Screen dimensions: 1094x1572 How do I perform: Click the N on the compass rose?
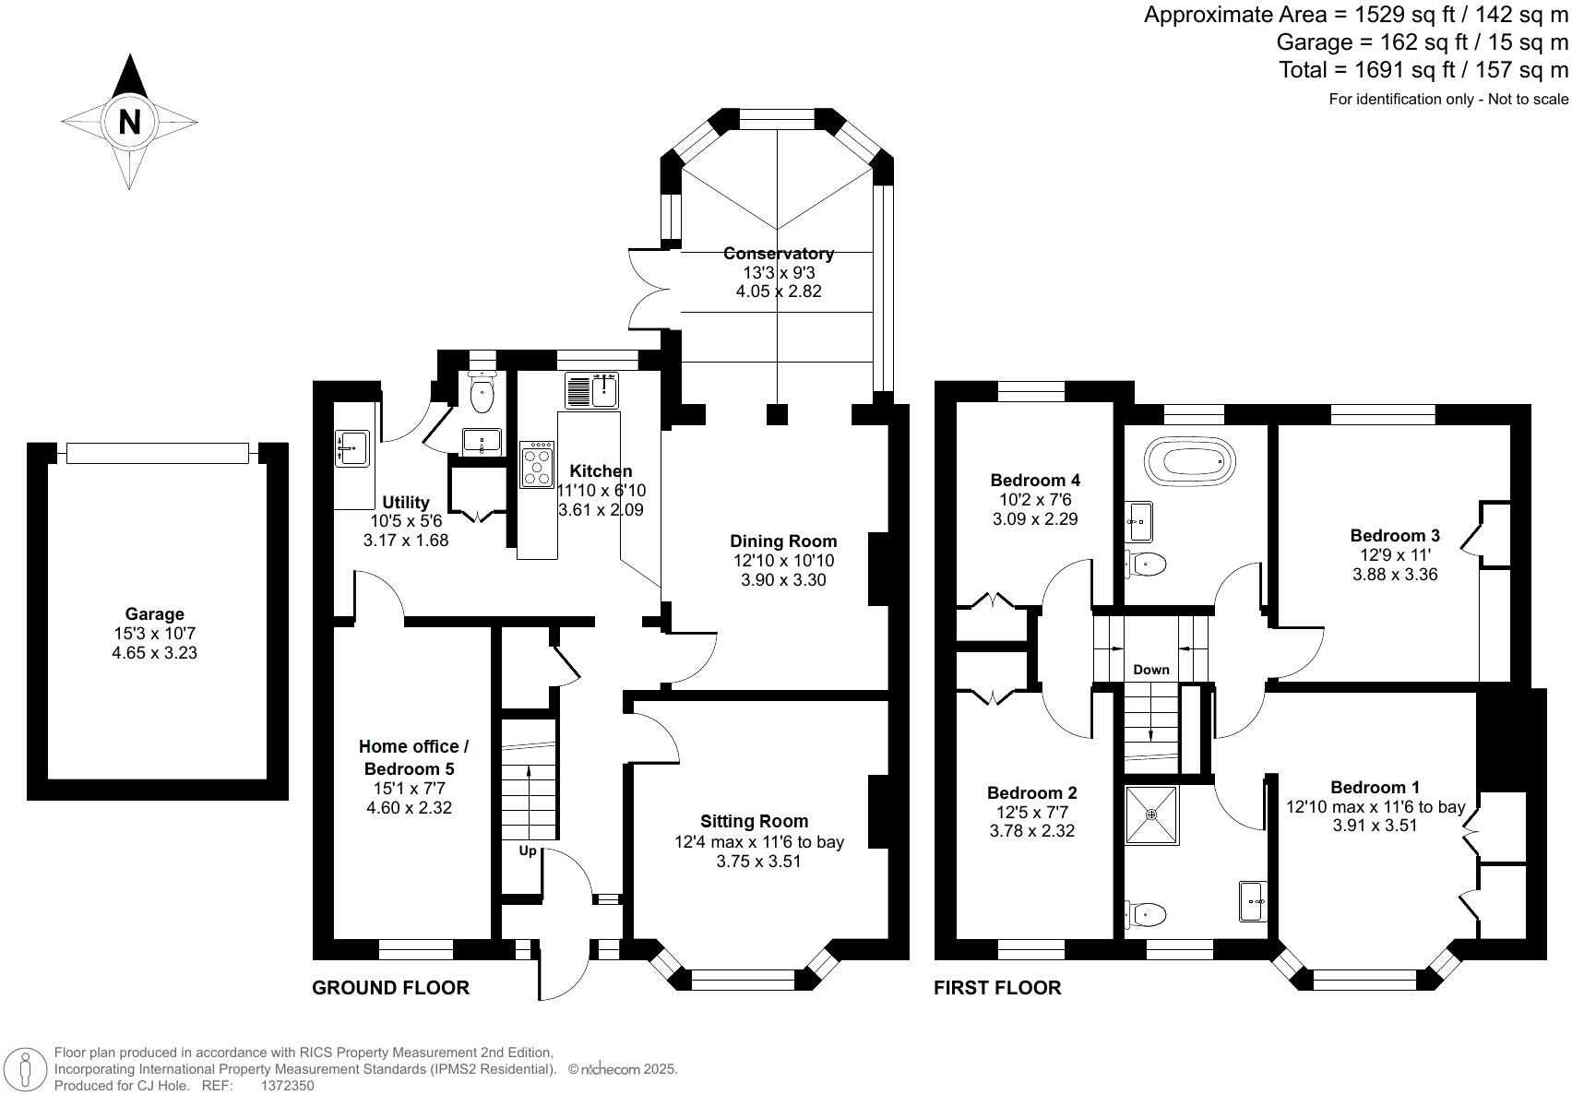pos(129,121)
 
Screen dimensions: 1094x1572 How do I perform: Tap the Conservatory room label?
pos(778,253)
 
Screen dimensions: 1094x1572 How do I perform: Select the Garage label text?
pos(155,613)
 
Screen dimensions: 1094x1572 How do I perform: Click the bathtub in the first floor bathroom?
pos(1189,458)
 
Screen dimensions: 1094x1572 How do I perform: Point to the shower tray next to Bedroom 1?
pos(1151,814)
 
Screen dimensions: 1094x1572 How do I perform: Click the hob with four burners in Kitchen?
pos(537,464)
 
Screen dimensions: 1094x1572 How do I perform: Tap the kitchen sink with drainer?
pos(591,390)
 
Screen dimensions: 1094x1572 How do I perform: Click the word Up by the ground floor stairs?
pos(528,850)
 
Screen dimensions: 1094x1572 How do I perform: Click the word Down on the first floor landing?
pos(1150,670)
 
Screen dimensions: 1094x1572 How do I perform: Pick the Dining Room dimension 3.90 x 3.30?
pos(783,580)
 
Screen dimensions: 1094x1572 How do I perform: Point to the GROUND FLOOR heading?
pos(390,988)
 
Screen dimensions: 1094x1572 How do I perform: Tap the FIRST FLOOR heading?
pos(997,988)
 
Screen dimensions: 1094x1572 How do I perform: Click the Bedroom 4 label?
pos(1035,480)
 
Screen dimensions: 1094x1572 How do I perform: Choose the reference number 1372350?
pos(288,1086)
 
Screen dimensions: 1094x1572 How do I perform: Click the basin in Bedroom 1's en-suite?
pos(1253,900)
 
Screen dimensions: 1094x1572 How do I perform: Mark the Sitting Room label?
pos(754,821)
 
